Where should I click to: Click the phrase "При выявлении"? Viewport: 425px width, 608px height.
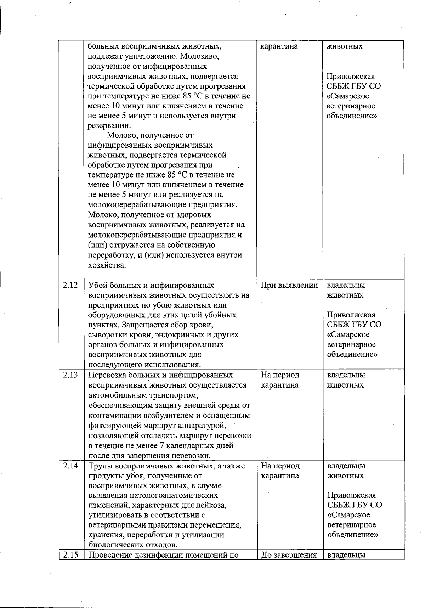[x=289, y=285]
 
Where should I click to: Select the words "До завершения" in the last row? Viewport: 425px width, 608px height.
[x=289, y=555]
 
